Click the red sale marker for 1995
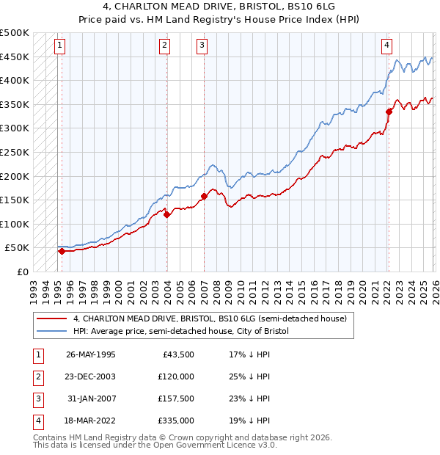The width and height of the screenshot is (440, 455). point(62,251)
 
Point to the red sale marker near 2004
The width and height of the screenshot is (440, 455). point(167,214)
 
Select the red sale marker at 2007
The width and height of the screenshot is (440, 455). point(204,196)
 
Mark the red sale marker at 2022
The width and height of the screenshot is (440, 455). point(389,112)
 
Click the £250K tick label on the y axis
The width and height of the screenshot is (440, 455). point(15,152)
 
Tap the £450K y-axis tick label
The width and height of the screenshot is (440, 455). point(15,57)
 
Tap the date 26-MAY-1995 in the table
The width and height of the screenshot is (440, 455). point(90,354)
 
